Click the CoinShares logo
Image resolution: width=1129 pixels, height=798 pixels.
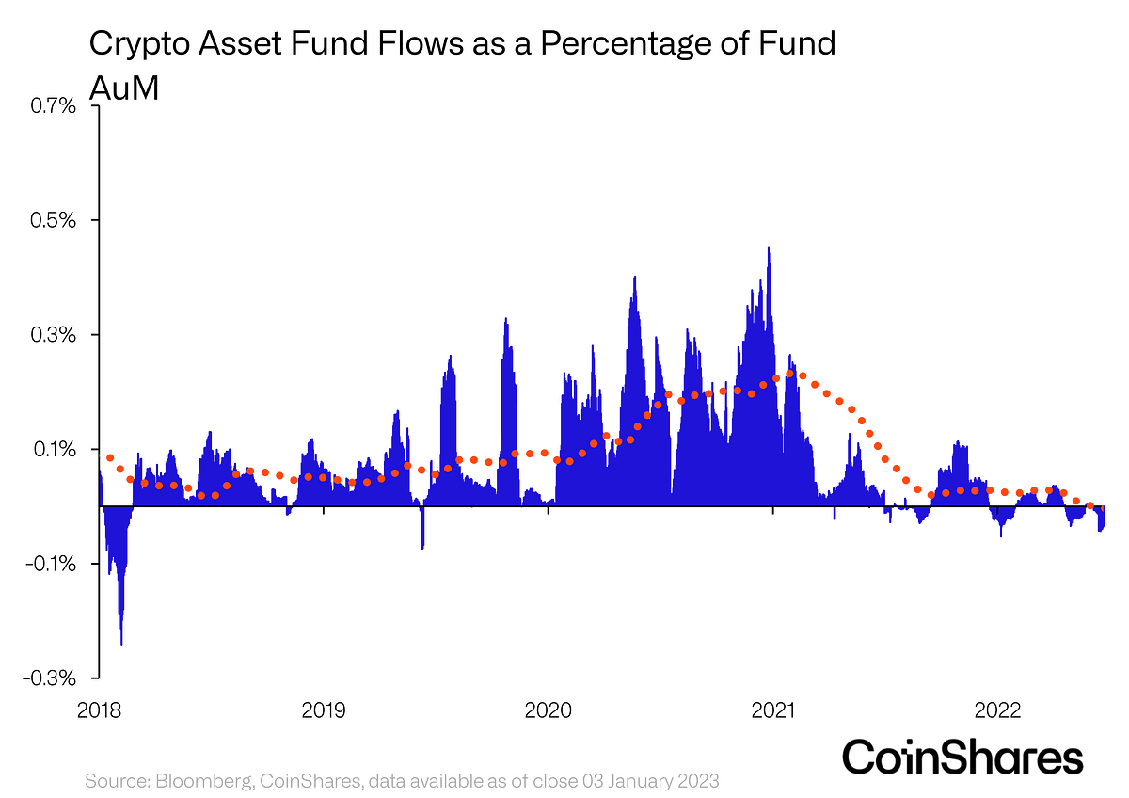(962, 757)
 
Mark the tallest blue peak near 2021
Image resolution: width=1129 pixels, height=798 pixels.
(769, 248)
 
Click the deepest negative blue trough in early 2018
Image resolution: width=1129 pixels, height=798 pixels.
(121, 643)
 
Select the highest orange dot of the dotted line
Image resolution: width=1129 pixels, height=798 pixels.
(790, 374)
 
